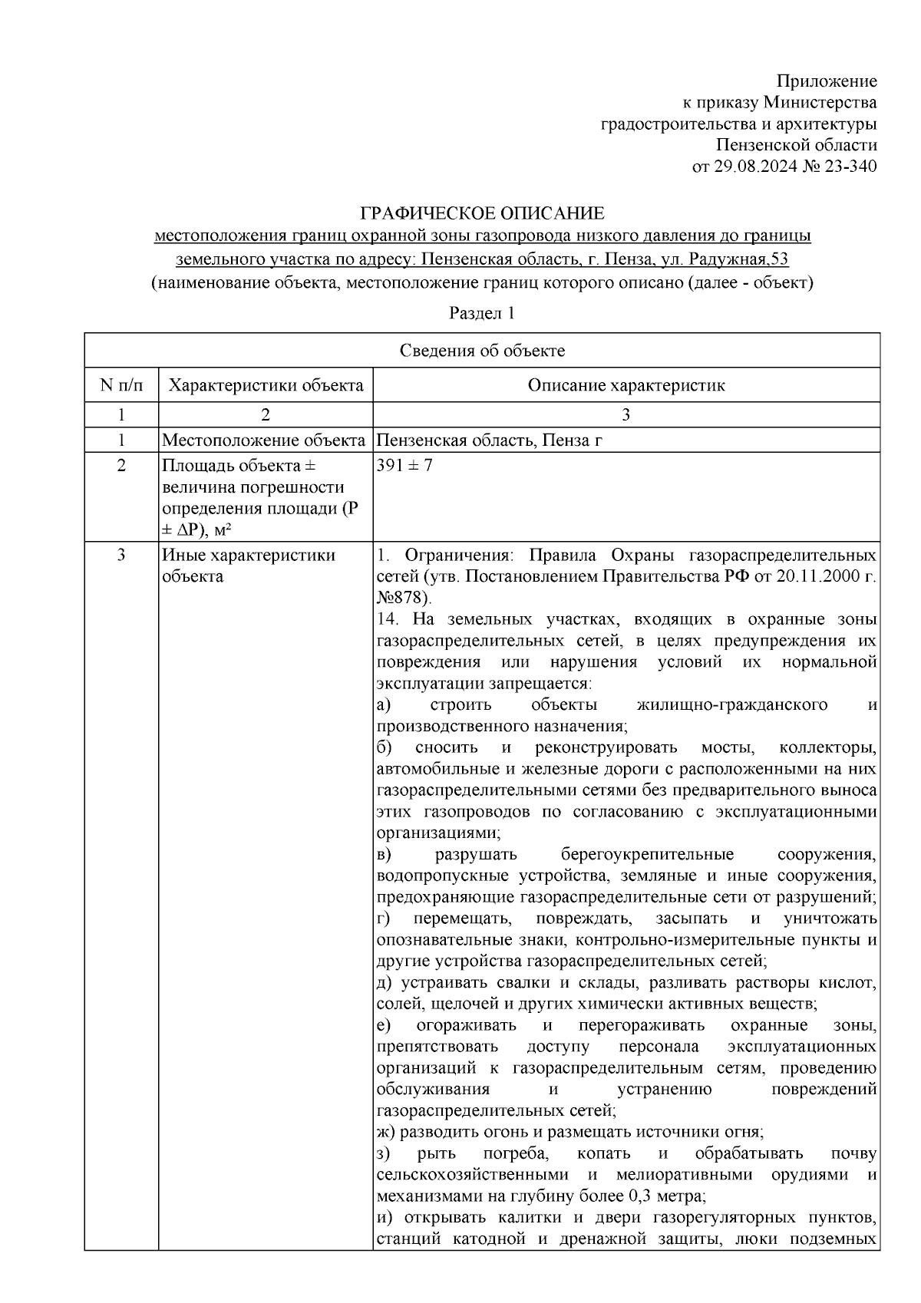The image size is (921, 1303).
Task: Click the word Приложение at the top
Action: (826, 81)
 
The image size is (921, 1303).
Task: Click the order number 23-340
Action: (850, 166)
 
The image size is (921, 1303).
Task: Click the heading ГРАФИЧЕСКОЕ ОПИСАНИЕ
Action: (483, 213)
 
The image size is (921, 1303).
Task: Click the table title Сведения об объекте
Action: (482, 351)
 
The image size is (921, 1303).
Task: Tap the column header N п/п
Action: (121, 385)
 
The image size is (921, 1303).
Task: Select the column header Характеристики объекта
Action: (266, 385)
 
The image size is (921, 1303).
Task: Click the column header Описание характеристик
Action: (626, 385)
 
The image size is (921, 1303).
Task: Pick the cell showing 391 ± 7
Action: (404, 466)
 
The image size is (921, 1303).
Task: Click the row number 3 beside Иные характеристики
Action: (121, 555)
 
